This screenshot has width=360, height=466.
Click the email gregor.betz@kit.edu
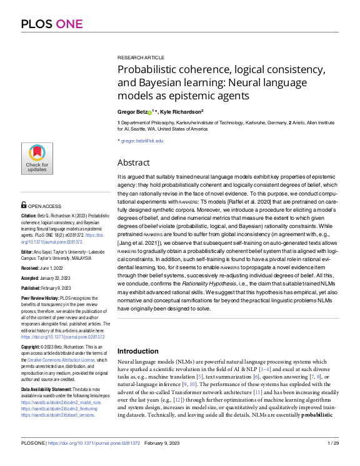coord(142,141)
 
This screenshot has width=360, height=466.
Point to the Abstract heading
coord(134,162)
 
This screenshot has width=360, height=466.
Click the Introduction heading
coord(138,351)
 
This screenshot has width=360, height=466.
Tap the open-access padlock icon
coord(24,205)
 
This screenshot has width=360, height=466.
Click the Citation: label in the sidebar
coord(29,215)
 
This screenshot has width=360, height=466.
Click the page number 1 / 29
coord(332,460)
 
